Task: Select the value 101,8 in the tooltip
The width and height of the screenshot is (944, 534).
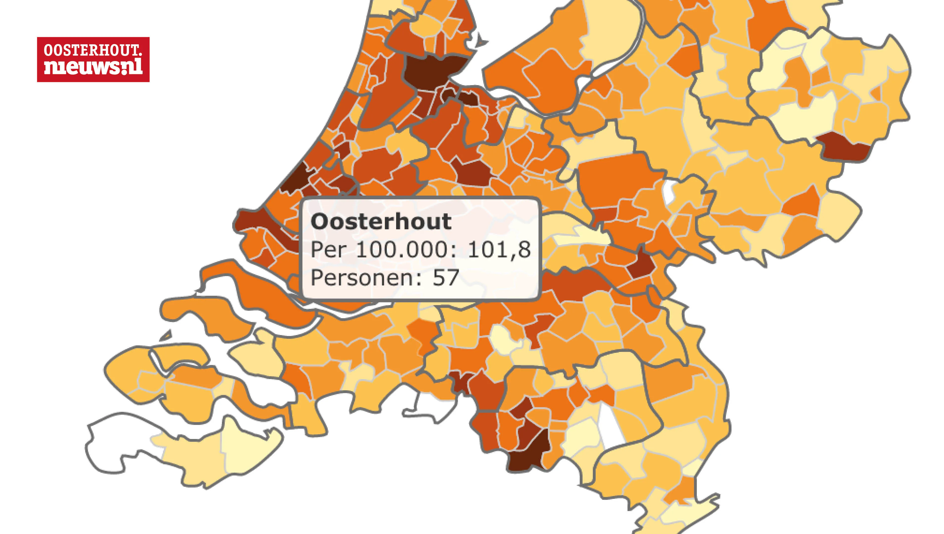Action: [x=499, y=250]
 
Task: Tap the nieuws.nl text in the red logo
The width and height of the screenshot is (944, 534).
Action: [x=93, y=67]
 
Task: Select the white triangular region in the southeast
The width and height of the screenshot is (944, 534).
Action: [x=611, y=429]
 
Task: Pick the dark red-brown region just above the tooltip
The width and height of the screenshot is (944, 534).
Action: [x=473, y=172]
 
